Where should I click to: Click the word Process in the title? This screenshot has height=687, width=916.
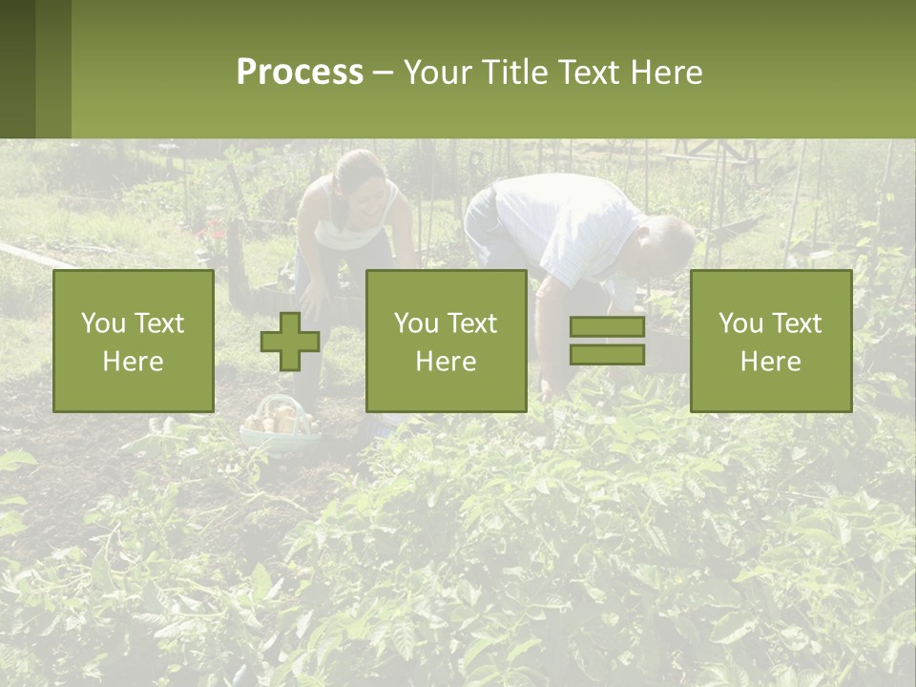(300, 73)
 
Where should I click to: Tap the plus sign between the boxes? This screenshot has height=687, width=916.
(290, 342)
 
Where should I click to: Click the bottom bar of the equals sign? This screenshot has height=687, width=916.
(607, 354)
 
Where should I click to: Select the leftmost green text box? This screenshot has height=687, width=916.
(134, 341)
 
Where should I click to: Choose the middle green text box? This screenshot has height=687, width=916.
(447, 341)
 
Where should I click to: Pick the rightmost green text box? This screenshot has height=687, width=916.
(771, 341)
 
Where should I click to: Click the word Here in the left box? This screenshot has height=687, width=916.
(133, 361)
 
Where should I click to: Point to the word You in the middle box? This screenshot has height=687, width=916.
(416, 323)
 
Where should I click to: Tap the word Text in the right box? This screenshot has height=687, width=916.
(798, 323)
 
